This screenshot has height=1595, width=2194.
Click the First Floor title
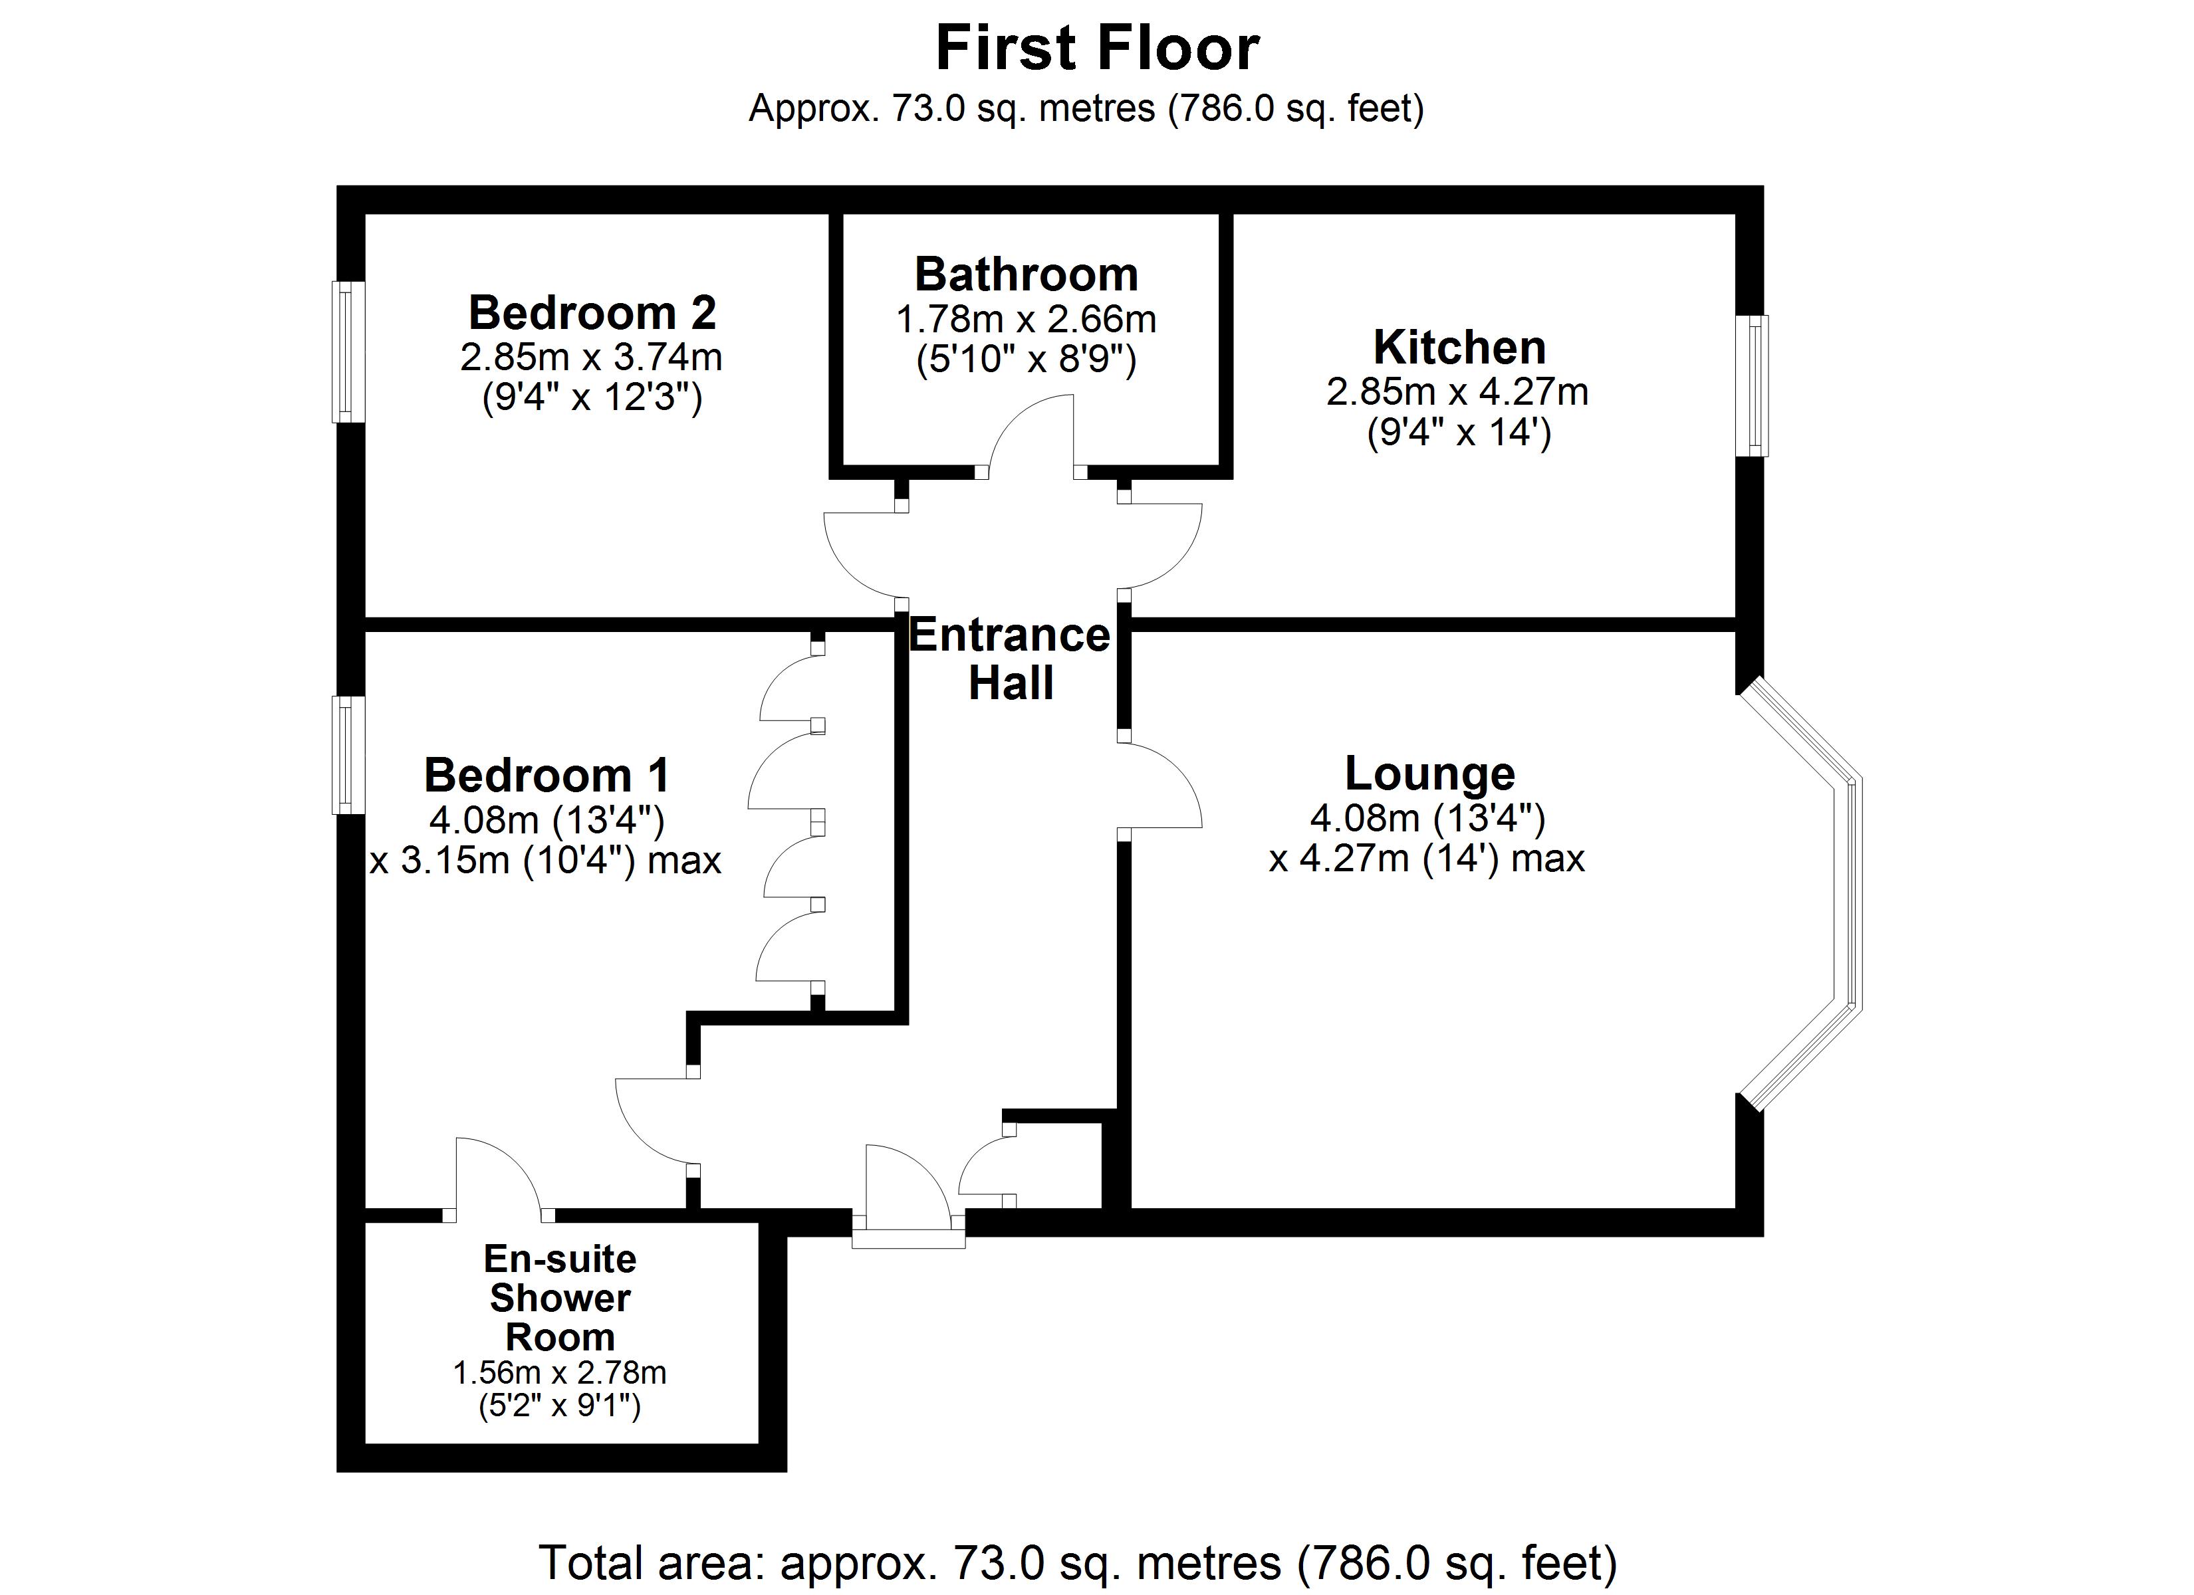1097,49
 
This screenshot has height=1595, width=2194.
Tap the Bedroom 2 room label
592,312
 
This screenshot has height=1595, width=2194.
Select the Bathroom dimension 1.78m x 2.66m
1025,319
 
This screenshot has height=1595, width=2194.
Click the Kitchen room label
1459,347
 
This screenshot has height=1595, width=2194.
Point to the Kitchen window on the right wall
1751,385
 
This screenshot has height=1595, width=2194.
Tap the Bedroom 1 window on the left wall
348,754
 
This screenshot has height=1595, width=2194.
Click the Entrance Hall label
1010,659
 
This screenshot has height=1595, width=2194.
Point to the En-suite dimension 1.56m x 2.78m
559,1372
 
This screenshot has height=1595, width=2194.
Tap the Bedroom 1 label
547,776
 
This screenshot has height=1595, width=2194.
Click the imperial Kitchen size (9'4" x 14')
1459,433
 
